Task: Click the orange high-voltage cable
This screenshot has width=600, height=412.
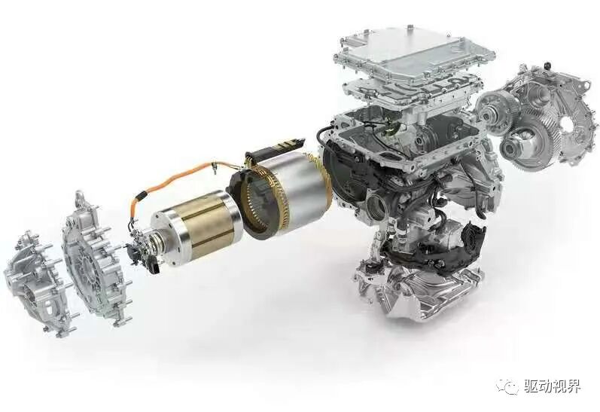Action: tap(172, 180)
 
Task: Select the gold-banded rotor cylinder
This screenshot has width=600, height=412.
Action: tap(197, 225)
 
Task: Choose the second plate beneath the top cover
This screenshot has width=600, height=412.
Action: tap(411, 92)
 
